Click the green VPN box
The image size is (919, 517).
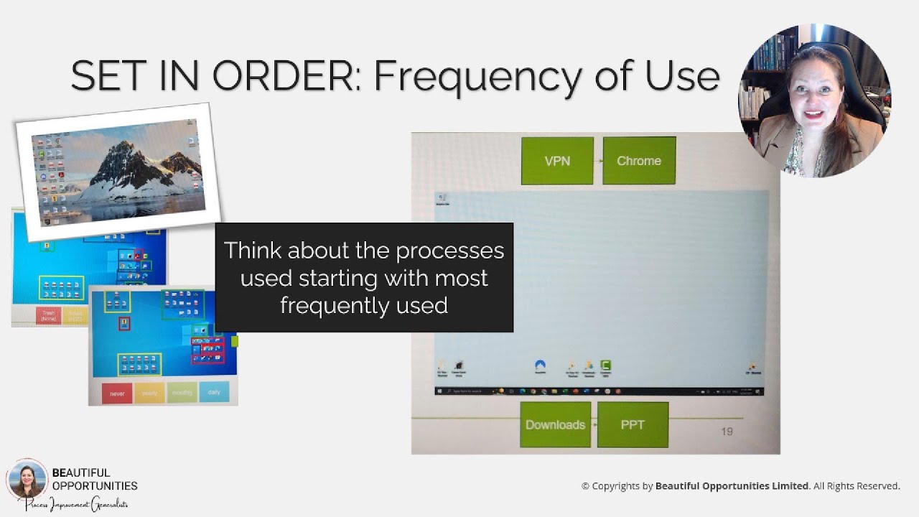click(x=557, y=161)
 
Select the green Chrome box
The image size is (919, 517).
click(x=639, y=161)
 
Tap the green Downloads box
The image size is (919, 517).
click(x=555, y=424)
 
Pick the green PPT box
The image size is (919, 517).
click(x=633, y=424)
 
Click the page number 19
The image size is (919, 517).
click(x=727, y=432)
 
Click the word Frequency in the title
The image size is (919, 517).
click(x=482, y=76)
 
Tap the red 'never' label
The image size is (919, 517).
click(x=117, y=393)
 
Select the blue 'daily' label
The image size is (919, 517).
click(x=214, y=392)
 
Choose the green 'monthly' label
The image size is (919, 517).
click(x=182, y=392)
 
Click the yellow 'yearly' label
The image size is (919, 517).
click(x=149, y=393)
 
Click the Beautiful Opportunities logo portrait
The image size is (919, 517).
click(x=27, y=479)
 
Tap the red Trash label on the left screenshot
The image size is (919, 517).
click(x=48, y=316)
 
